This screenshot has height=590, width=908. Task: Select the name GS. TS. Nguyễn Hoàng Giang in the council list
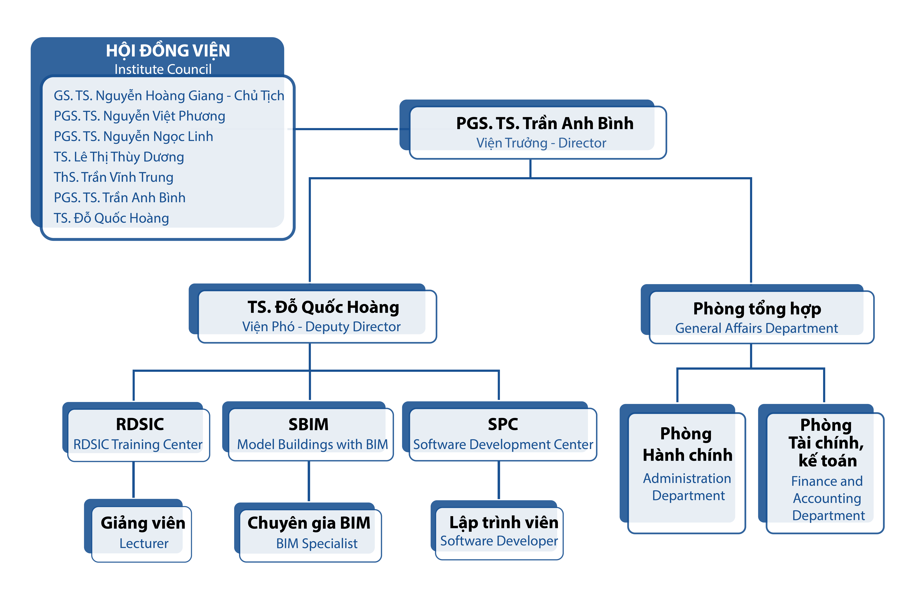138,95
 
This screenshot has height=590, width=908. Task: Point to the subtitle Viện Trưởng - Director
541,143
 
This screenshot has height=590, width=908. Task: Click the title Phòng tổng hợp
757,309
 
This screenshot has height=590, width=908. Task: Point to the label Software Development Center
503,444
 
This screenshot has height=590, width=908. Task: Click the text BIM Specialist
317,543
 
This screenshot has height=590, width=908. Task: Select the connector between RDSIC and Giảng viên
133,480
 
